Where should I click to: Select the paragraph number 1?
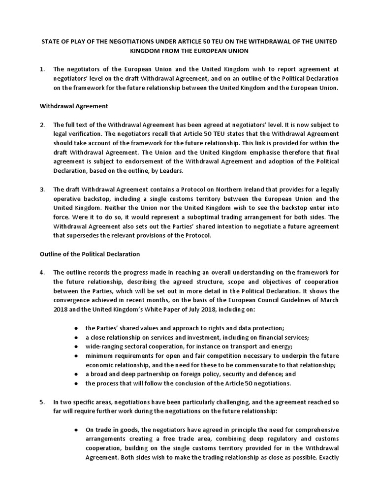pos(41,69)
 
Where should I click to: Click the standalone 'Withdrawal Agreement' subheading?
pos(73,106)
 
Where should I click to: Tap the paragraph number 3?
pos(42,189)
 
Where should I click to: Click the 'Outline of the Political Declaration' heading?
pos(90,254)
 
